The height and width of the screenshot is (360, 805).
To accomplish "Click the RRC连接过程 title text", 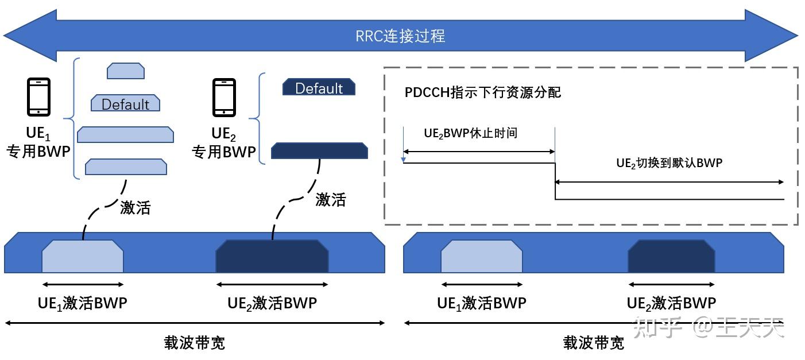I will tap(400, 36).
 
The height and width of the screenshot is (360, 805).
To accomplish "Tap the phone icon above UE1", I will tap(38, 96).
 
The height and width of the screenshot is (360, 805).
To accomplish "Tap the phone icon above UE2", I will tap(224, 96).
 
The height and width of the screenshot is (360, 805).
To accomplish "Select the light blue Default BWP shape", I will tap(125, 104).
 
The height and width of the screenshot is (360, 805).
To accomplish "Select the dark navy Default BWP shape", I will tap(319, 87).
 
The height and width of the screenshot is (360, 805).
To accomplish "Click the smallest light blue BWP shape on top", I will tap(125, 71).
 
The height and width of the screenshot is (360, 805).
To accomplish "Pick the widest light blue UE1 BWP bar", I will tap(125, 135).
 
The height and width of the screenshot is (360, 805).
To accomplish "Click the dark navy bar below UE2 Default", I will tap(319, 151).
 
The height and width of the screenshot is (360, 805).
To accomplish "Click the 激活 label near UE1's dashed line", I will tap(135, 207).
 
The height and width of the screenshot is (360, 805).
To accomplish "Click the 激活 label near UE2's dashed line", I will tap(331, 199).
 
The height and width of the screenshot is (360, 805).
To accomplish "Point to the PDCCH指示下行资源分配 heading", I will tap(483, 92).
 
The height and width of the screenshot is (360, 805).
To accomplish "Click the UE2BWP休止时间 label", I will tap(470, 133).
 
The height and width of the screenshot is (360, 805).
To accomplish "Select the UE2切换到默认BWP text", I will tap(669, 162).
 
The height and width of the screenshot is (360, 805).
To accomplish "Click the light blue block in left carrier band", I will tap(83, 257).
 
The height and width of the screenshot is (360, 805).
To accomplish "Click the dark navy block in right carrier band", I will tap(671, 257).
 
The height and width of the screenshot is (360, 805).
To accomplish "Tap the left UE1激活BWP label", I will tap(82, 303).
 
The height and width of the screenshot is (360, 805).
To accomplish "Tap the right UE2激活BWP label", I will tap(671, 303).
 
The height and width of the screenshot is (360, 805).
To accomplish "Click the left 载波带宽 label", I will tap(194, 343).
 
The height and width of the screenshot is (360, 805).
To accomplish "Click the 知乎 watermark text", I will tap(661, 328).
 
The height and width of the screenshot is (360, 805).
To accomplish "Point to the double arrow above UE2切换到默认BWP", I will tap(669, 182).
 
